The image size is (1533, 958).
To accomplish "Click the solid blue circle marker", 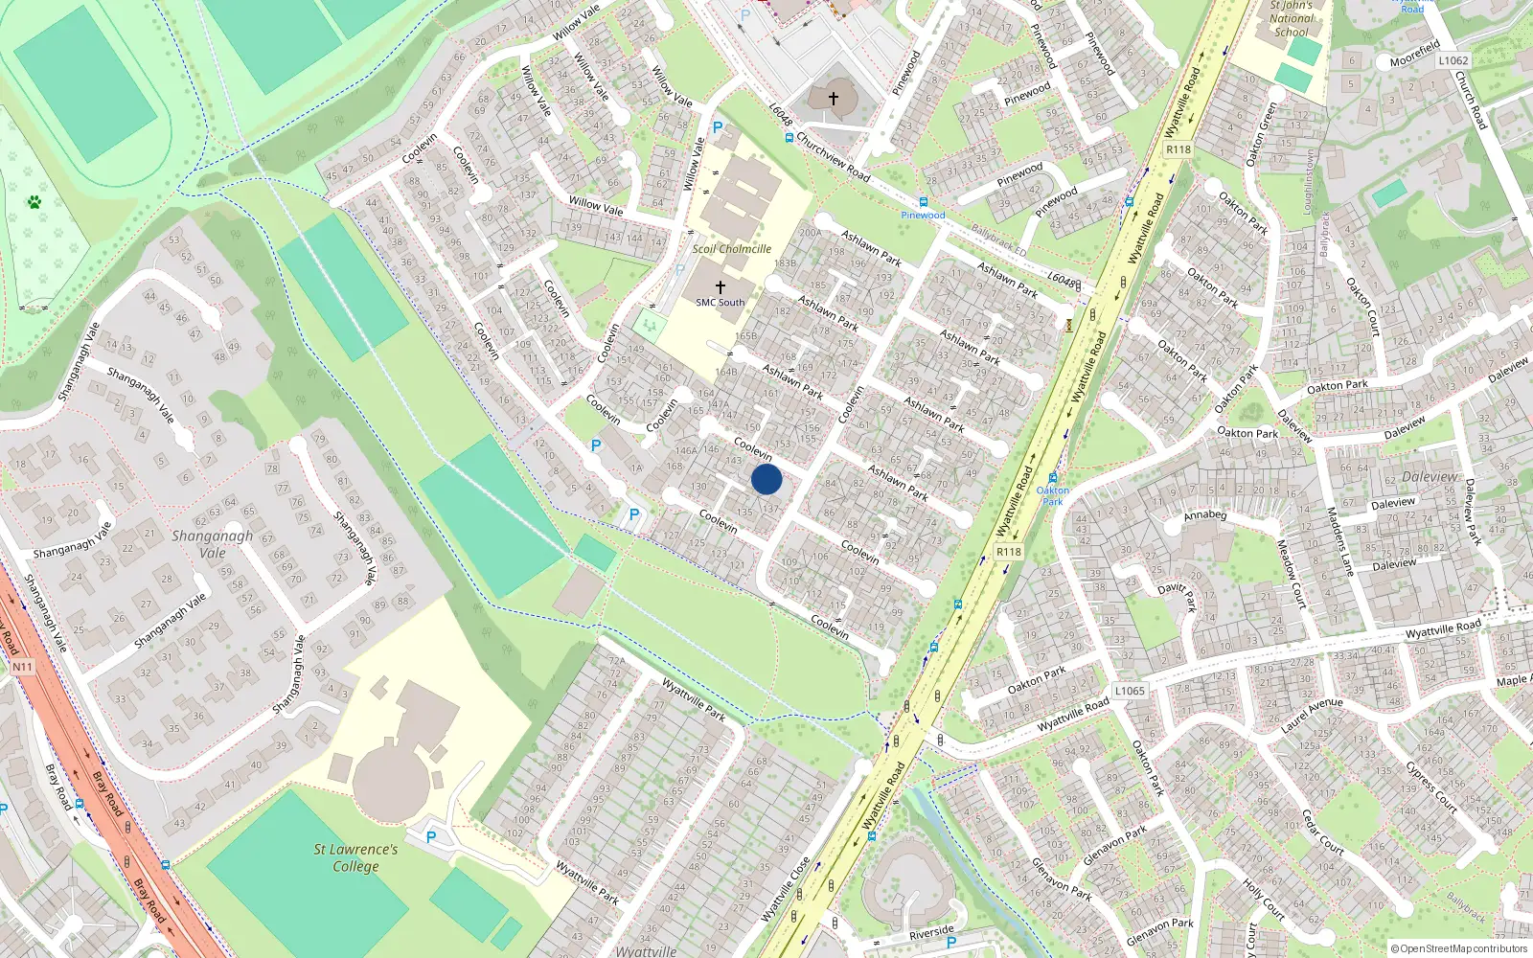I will coord(766,479).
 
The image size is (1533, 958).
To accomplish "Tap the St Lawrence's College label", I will coord(355,857).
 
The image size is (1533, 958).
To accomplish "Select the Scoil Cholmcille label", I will coord(732,249).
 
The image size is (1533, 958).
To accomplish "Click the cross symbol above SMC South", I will coord(721,286).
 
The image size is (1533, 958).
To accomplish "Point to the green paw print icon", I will coord(34,202).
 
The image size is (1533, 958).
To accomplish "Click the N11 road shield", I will coord(22,666).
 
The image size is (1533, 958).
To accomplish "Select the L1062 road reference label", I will coord(1453,60).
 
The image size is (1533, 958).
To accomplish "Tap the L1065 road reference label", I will coord(1130,691).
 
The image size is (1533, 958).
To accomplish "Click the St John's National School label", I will coord(1291,18).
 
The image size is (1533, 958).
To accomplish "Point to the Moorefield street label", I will coord(1415,54).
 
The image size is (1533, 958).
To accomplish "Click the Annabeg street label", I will coord(1205,515).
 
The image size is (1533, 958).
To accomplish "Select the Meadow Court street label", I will coord(1291,573).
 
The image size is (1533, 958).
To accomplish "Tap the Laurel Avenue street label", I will coord(1312,716).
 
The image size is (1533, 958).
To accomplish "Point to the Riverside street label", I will coord(931,931).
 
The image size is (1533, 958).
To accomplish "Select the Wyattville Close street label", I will coord(786,889).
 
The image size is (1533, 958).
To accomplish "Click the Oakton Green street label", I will coord(1261,134).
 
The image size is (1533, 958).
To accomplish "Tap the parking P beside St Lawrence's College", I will coord(431,837).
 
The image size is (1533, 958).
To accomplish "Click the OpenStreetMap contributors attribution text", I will coord(1460,948).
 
